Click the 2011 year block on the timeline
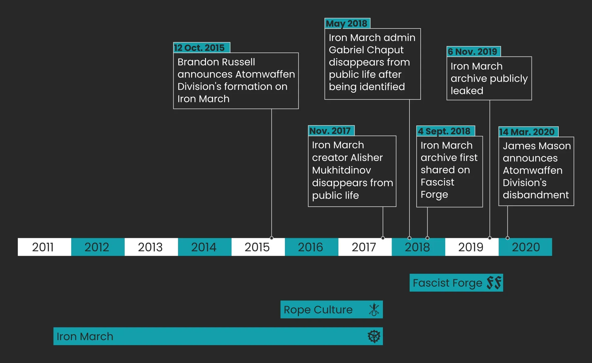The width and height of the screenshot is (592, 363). click(x=44, y=247)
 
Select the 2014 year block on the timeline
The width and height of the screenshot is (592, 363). click(x=205, y=247)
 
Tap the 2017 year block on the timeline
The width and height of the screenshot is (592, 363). click(x=365, y=247)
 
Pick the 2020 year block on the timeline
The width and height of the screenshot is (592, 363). click(x=525, y=247)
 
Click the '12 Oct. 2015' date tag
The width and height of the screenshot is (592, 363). click(x=202, y=48)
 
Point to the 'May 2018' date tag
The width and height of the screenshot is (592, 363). click(x=347, y=23)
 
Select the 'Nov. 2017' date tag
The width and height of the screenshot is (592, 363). click(x=331, y=131)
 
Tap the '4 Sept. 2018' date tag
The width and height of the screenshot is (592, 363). click(x=446, y=131)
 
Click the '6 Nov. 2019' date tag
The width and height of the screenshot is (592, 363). click(x=474, y=52)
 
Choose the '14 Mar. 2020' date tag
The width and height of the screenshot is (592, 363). click(x=528, y=132)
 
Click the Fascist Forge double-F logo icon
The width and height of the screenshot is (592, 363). click(x=494, y=283)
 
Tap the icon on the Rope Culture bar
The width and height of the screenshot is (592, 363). click(x=374, y=310)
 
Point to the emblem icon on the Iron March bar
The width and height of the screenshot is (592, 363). click(x=374, y=336)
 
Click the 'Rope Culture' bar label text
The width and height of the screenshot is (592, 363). click(x=318, y=310)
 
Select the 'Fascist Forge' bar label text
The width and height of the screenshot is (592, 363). click(x=447, y=283)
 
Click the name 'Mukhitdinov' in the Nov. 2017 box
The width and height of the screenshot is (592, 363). click(x=341, y=170)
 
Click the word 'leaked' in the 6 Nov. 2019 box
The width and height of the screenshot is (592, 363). click(x=467, y=91)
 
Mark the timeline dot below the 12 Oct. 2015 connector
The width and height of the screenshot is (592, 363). click(x=272, y=238)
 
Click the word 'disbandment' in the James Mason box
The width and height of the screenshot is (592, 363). click(x=536, y=195)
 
